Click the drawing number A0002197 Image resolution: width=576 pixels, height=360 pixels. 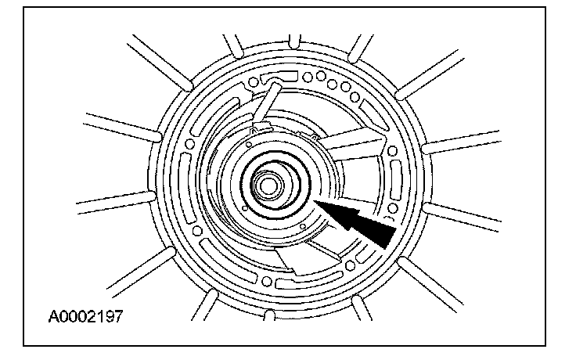pos(85,316)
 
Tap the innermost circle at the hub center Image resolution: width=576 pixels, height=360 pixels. pos(268,186)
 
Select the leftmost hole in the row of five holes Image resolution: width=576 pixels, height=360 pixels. pos(308,77)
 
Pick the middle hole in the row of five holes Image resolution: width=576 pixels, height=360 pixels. pos(332,84)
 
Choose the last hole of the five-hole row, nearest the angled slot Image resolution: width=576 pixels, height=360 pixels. pos(355,97)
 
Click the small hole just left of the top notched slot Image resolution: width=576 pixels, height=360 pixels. pos(253,82)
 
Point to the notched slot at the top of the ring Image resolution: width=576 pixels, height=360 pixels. pos(279,77)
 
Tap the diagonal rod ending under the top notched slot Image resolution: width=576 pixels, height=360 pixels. pos(266,100)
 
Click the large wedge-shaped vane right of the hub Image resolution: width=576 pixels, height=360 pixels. pos(353,145)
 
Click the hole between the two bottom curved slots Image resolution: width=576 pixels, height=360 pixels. pos(267,282)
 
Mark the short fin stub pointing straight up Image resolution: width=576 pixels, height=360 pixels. pos(294,41)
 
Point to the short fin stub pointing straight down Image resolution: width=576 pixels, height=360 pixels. pos(269,315)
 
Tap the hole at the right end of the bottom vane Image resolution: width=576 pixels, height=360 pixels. pos(351,265)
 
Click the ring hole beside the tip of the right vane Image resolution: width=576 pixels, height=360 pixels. pos(392,150)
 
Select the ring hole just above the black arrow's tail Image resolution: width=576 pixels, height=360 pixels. pos(393,208)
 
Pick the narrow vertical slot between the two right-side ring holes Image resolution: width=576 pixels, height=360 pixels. pos(396,179)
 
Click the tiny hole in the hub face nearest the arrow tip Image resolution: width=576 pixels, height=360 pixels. pos(303,226)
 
